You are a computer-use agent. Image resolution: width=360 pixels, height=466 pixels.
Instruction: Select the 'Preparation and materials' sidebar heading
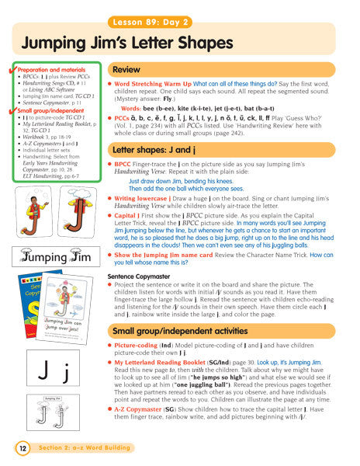pos(49,69)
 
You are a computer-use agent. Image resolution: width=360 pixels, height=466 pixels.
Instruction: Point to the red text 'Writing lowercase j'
pos(147,199)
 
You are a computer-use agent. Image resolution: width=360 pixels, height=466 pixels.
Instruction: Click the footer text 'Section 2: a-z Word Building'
pos(84,448)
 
